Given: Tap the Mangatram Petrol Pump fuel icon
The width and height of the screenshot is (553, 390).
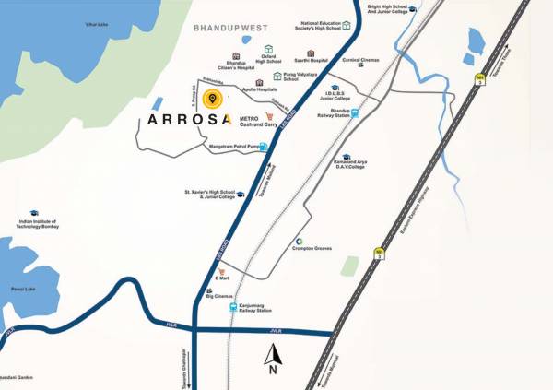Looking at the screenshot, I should (x=265, y=146).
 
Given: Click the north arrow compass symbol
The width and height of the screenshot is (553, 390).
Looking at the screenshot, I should (x=273, y=357).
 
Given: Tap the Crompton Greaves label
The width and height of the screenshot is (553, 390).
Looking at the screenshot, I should (x=312, y=248).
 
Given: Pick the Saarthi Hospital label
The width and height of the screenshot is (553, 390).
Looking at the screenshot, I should (x=312, y=60).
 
